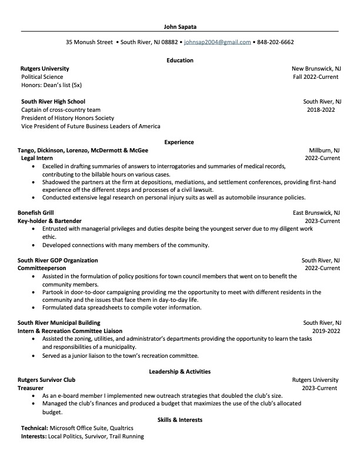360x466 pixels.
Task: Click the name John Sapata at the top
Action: click(x=180, y=26)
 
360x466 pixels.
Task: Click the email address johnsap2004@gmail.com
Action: click(x=218, y=42)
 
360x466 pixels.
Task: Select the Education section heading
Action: click(x=180, y=60)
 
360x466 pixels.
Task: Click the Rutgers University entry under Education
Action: click(x=45, y=68)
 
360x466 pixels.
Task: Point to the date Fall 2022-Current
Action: click(x=316, y=76)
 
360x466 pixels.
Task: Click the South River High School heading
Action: click(x=53, y=101)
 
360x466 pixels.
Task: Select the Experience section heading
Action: click(x=179, y=142)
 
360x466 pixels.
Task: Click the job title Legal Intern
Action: click(x=37, y=158)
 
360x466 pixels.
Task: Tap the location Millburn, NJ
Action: click(x=324, y=150)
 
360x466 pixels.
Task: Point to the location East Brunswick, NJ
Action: click(x=316, y=212)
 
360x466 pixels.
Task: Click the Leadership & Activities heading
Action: click(x=179, y=371)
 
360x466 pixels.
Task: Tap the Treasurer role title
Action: click(x=31, y=388)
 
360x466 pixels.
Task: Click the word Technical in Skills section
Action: click(x=35, y=428)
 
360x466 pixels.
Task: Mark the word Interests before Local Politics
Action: click(x=34, y=436)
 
